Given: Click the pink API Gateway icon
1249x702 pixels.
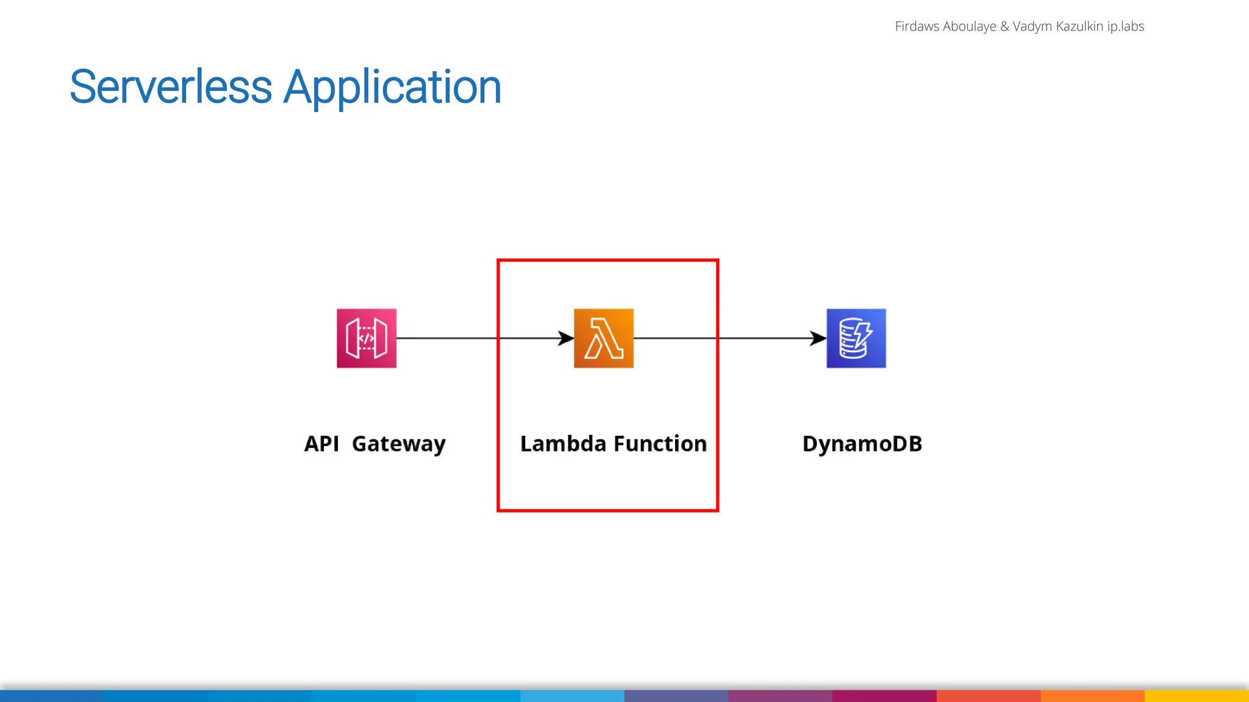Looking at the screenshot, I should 367,338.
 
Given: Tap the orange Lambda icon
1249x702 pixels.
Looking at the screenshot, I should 604,338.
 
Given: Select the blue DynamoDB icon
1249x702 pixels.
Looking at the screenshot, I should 856,338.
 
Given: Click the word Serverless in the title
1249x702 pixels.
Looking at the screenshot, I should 171,87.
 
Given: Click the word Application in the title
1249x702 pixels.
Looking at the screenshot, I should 393,87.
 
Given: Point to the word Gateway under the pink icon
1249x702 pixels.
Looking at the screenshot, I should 399,444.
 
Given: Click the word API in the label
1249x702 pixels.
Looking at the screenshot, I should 321,444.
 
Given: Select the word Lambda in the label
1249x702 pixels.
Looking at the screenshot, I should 563,444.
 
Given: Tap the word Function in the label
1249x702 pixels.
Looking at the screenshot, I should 660,444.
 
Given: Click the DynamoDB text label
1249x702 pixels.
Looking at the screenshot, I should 862,444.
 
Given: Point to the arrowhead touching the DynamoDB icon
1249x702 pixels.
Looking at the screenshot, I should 819,338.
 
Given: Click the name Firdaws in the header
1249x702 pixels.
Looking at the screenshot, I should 917,26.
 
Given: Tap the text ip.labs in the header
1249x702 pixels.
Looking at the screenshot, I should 1126,26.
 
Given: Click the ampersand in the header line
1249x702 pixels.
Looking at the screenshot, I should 1004,26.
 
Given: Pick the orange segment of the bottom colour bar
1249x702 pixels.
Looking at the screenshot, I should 1092,696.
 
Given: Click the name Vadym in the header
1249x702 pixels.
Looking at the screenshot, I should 1032,26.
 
